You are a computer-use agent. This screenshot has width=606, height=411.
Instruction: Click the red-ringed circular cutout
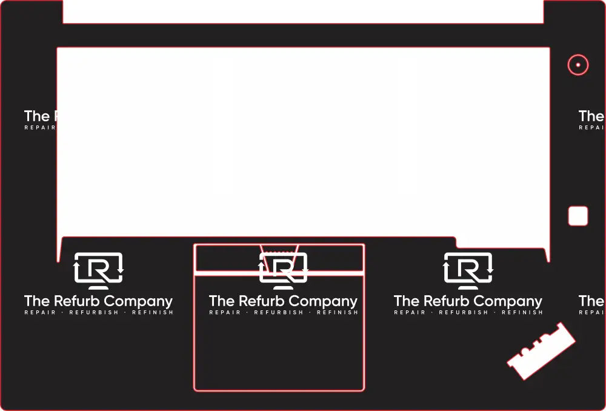(x=578, y=65)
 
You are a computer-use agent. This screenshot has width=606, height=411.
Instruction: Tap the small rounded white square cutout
(x=578, y=216)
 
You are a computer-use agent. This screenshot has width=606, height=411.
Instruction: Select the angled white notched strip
(x=541, y=351)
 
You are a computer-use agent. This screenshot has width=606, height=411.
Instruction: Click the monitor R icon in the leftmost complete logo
(x=99, y=270)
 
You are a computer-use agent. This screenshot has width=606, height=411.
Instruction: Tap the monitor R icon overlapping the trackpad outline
(x=284, y=270)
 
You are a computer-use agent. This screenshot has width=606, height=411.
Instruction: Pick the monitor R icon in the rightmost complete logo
(x=468, y=270)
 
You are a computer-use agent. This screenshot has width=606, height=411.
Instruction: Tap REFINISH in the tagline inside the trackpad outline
(x=338, y=313)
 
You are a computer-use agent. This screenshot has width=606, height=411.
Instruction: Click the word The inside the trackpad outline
(x=222, y=301)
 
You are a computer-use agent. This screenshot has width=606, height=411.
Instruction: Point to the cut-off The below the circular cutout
(x=591, y=116)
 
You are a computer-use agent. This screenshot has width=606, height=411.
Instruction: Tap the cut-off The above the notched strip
(x=591, y=301)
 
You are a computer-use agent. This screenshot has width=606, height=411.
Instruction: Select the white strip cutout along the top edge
(x=303, y=11)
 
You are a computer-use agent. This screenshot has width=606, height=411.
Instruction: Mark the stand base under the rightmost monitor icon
(x=468, y=287)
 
